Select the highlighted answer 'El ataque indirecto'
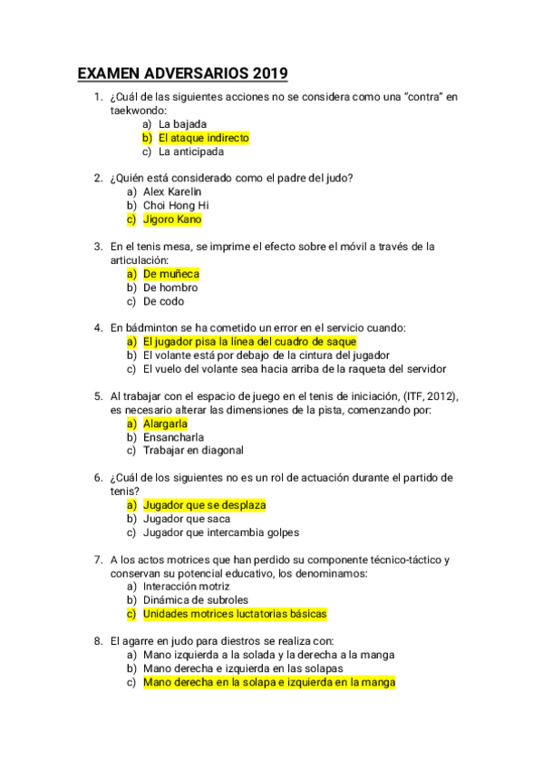pos(203,138)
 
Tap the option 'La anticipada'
pos(190,152)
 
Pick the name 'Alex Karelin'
pos(172,192)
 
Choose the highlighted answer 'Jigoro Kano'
pos(172,219)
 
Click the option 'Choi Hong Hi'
pos(176,206)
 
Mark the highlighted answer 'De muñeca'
pos(171,274)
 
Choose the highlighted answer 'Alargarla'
pos(165,423)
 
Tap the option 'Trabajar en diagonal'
pos(193,451)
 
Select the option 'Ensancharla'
pos(173,437)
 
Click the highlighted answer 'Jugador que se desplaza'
pos(204,505)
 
